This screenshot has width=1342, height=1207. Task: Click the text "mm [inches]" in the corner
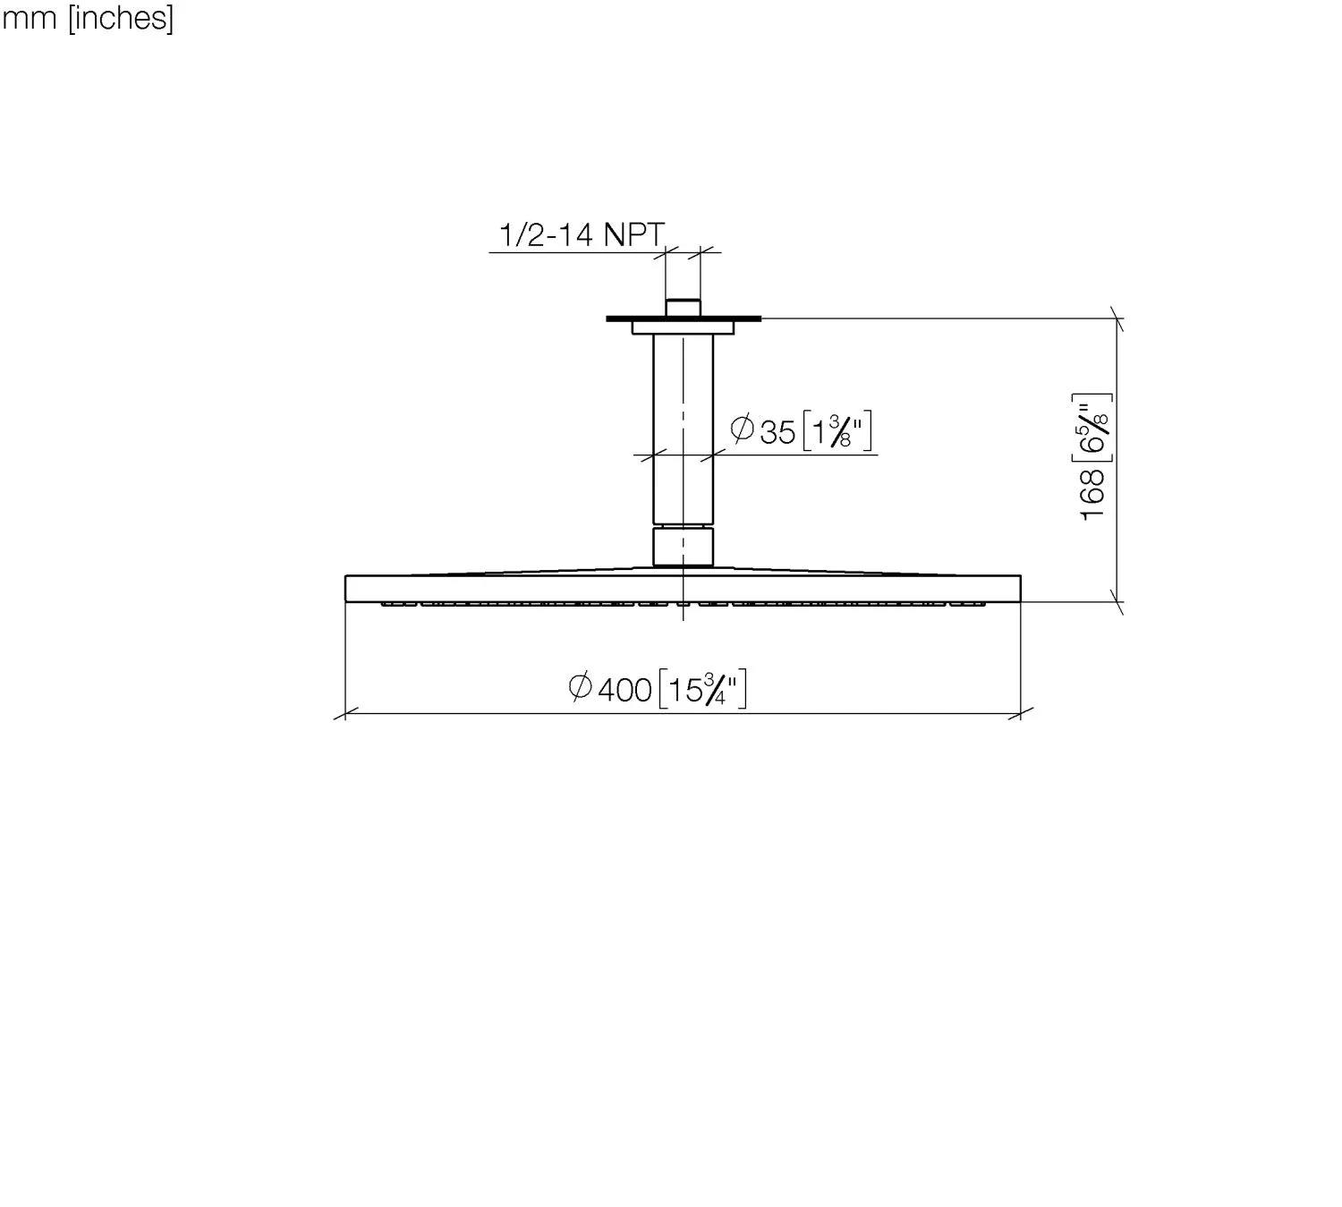click(88, 18)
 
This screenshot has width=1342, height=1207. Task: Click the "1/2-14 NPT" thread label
click(582, 235)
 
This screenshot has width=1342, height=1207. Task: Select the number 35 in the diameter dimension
click(777, 432)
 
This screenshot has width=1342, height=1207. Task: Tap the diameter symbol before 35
click(742, 429)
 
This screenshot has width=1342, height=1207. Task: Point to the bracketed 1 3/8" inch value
click(837, 432)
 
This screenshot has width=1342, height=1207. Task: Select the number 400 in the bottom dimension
click(624, 690)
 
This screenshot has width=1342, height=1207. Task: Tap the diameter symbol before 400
click(580, 687)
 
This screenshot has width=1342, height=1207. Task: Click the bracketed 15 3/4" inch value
click(702, 690)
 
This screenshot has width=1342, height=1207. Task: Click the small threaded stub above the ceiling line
click(684, 307)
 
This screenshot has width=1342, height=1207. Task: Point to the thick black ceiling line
click(626, 318)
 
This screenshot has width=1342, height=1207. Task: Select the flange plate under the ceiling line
click(684, 327)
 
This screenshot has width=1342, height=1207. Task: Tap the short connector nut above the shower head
click(684, 547)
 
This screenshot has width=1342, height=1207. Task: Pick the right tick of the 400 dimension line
click(1021, 713)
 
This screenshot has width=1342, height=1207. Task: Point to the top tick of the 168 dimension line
click(1116, 318)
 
